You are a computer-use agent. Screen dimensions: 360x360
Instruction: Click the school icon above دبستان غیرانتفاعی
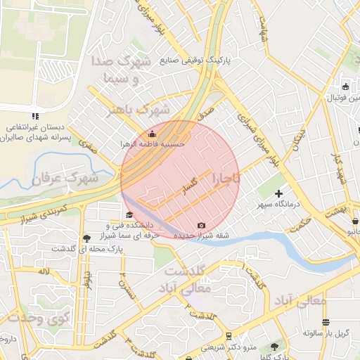(x=34, y=116)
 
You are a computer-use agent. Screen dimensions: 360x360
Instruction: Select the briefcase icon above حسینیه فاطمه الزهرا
(x=153, y=133)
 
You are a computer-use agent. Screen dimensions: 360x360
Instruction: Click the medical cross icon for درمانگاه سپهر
(x=279, y=193)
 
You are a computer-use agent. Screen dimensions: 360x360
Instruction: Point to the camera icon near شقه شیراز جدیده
(x=202, y=225)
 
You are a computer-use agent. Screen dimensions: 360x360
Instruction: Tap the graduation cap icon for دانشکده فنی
(x=129, y=215)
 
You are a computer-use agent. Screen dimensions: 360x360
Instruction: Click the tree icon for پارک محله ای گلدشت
(x=86, y=238)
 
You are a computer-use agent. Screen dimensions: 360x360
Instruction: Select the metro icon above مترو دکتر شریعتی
(x=229, y=336)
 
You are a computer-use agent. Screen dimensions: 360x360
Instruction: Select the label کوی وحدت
(x=31, y=319)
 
